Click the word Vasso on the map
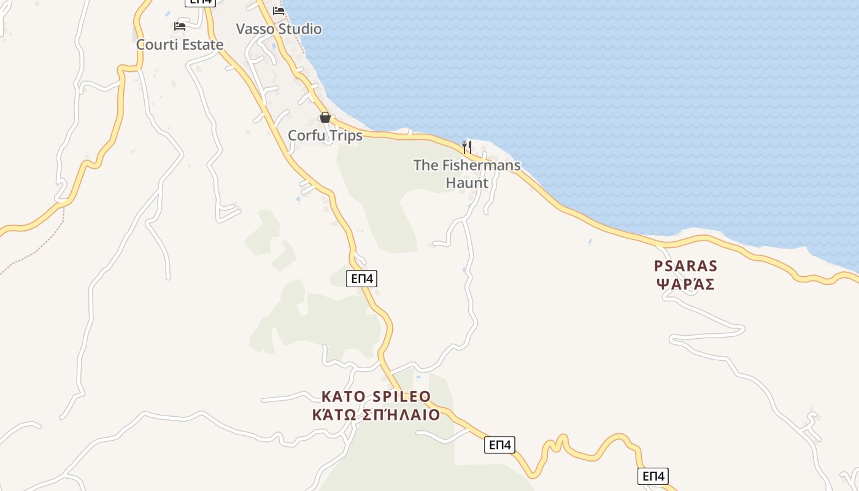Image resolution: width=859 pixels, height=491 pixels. pos(255,29)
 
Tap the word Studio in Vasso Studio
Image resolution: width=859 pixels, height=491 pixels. pos(300,29)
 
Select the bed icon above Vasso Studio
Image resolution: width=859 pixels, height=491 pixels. pos(279,10)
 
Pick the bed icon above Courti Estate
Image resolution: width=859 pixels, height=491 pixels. pos(179,26)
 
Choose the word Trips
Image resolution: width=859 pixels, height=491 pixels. pos(346,136)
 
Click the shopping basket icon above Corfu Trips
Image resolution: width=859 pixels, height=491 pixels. pos(325,117)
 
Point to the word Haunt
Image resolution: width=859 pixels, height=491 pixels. pos(467,183)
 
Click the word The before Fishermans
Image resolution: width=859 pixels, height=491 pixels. pos(426,165)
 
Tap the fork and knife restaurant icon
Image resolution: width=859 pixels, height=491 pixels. pos(467,147)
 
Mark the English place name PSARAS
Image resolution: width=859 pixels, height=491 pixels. pos(685,266)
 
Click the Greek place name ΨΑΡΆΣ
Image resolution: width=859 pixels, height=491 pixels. pos(685,284)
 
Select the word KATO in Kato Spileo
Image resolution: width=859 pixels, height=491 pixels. pos(344,396)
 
